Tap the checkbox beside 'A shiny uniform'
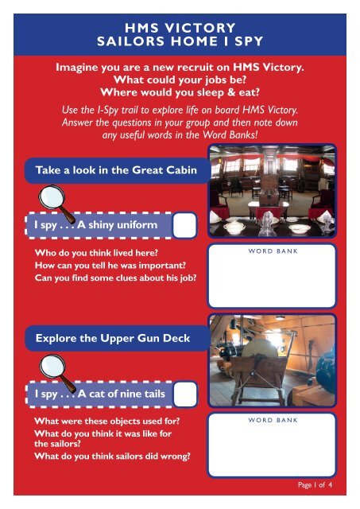pyautogui.click(x=185, y=225)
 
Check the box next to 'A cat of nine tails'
pyautogui.click(x=185, y=394)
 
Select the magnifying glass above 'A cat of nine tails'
pyautogui.click(x=56, y=373)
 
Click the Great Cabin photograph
pyautogui.click(x=272, y=191)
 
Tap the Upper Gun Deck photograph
pyautogui.click(x=272, y=360)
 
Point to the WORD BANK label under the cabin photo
pyautogui.click(x=273, y=251)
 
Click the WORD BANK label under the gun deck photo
pyautogui.click(x=273, y=420)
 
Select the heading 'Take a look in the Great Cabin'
pyautogui.click(x=116, y=170)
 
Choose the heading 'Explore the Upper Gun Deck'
pyautogui.click(x=113, y=338)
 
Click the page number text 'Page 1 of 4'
pyautogui.click(x=315, y=484)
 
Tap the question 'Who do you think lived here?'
pyautogui.click(x=96, y=253)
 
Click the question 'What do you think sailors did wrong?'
pyautogui.click(x=112, y=456)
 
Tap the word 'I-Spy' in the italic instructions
pyautogui.click(x=107, y=110)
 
